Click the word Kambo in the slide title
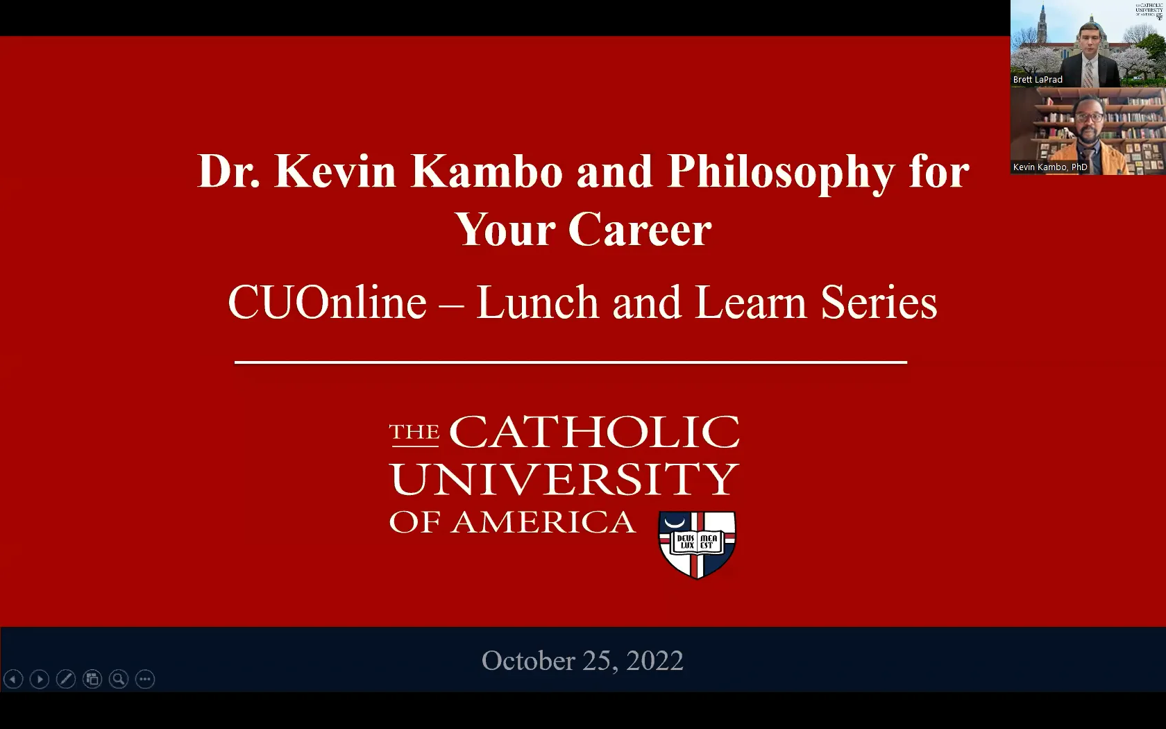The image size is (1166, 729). pyautogui.click(x=486, y=171)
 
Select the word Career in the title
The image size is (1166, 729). pyautogui.click(x=640, y=230)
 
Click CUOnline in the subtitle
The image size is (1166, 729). pyautogui.click(x=327, y=303)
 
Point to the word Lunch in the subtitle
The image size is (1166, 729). pyautogui.click(x=537, y=303)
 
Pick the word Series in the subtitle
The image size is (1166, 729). pyautogui.click(x=879, y=303)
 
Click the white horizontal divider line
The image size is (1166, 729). pyautogui.click(x=571, y=362)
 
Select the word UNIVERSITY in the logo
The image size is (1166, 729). pyautogui.click(x=564, y=478)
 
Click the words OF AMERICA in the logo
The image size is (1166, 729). pyautogui.click(x=512, y=522)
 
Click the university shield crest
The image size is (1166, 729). pyautogui.click(x=697, y=544)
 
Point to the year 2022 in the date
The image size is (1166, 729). pyautogui.click(x=654, y=660)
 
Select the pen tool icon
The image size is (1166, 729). pyautogui.click(x=66, y=679)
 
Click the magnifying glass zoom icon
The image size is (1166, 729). pyautogui.click(x=119, y=679)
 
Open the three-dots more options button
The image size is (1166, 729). pyautogui.click(x=145, y=679)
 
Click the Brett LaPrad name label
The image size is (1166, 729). pyautogui.click(x=1038, y=80)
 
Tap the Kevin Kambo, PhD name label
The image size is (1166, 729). pyautogui.click(x=1050, y=167)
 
